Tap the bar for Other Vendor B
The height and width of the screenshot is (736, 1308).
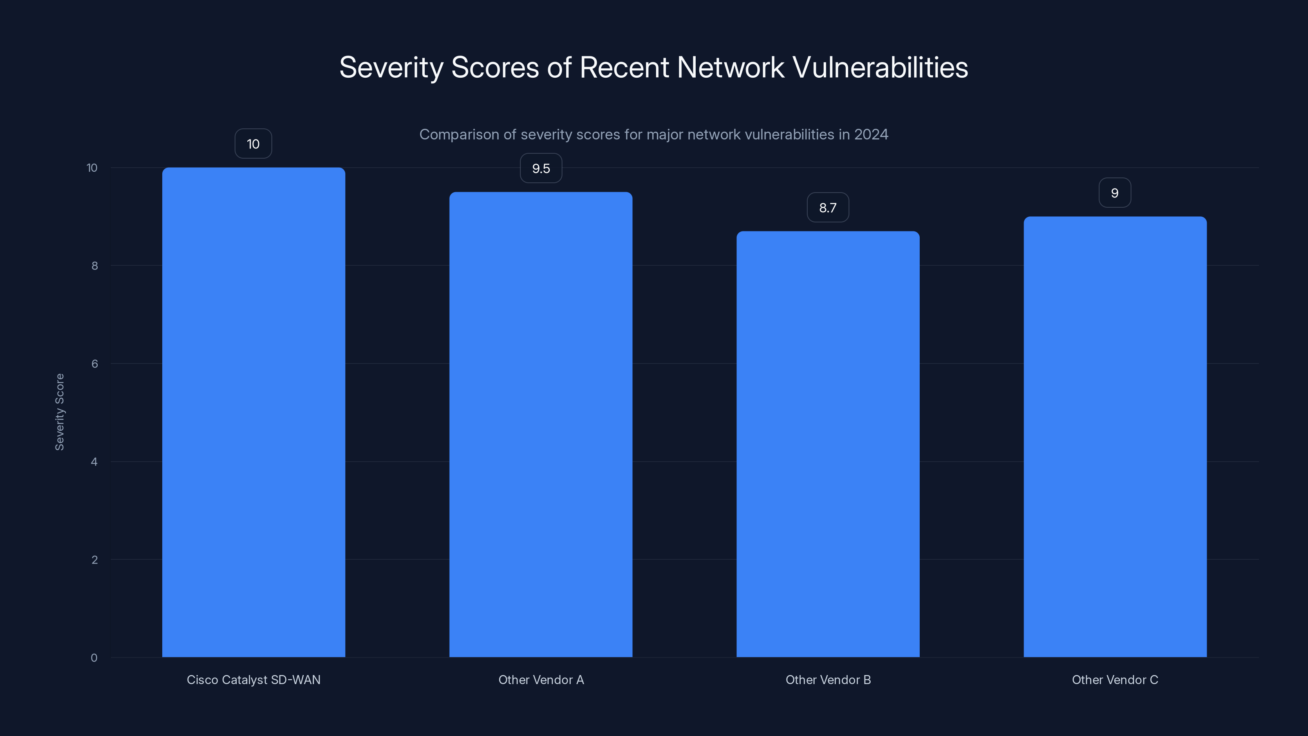click(x=828, y=444)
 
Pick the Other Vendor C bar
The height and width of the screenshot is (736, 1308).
click(x=1115, y=436)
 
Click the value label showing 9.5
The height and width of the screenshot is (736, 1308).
click(x=541, y=168)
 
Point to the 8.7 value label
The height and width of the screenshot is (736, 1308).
click(x=828, y=207)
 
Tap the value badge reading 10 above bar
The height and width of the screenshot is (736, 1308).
click(x=253, y=144)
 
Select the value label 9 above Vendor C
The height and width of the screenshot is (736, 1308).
click(x=1115, y=193)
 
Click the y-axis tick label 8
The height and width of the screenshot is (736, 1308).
click(x=94, y=266)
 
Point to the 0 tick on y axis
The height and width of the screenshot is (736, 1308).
click(x=94, y=658)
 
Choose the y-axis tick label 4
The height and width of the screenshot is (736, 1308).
click(x=94, y=462)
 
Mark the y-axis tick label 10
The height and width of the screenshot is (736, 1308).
click(x=92, y=168)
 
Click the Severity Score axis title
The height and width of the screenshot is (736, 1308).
click(x=59, y=411)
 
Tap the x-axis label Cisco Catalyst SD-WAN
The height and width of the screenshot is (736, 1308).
click(x=253, y=680)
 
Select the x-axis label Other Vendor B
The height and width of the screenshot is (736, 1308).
click(x=828, y=680)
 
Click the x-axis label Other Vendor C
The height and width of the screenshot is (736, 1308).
click(x=1115, y=680)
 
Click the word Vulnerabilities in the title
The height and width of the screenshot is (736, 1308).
click(x=880, y=67)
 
